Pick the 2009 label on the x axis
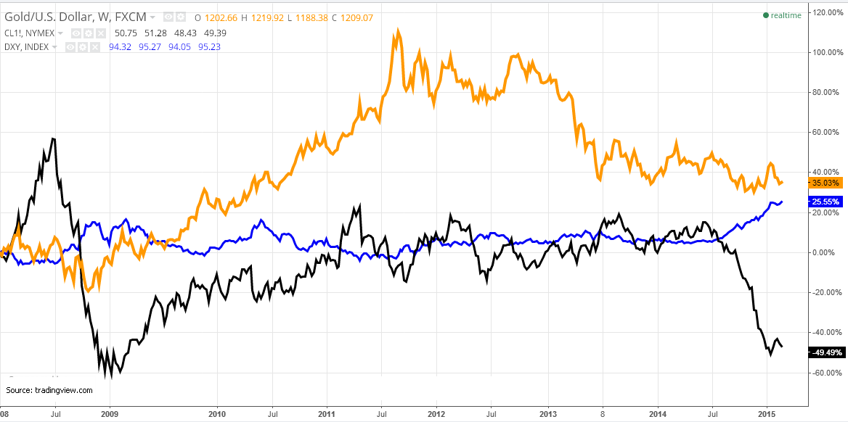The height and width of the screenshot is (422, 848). click(110, 415)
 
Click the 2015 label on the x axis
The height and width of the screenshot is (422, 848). click(767, 415)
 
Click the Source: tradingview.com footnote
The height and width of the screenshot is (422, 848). click(49, 390)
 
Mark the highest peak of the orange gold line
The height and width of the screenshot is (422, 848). click(397, 31)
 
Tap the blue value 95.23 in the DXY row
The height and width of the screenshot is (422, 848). click(205, 47)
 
